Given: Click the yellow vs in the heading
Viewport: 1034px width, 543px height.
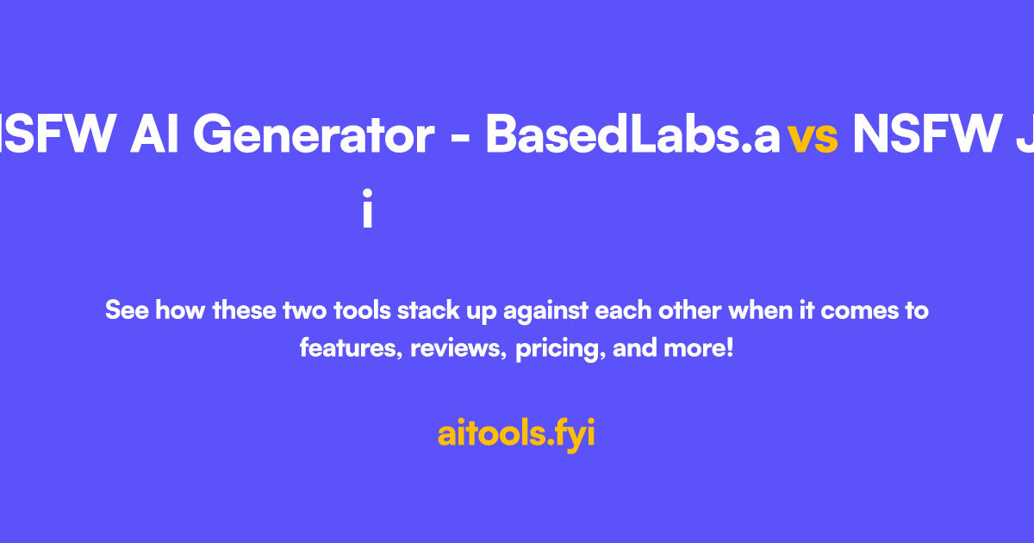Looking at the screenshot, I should coord(813,138).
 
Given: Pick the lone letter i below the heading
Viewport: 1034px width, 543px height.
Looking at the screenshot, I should coord(367,210).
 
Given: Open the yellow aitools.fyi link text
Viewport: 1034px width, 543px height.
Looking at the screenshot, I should coord(516,434).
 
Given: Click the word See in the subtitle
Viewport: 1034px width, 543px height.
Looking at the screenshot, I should coord(127,309).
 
